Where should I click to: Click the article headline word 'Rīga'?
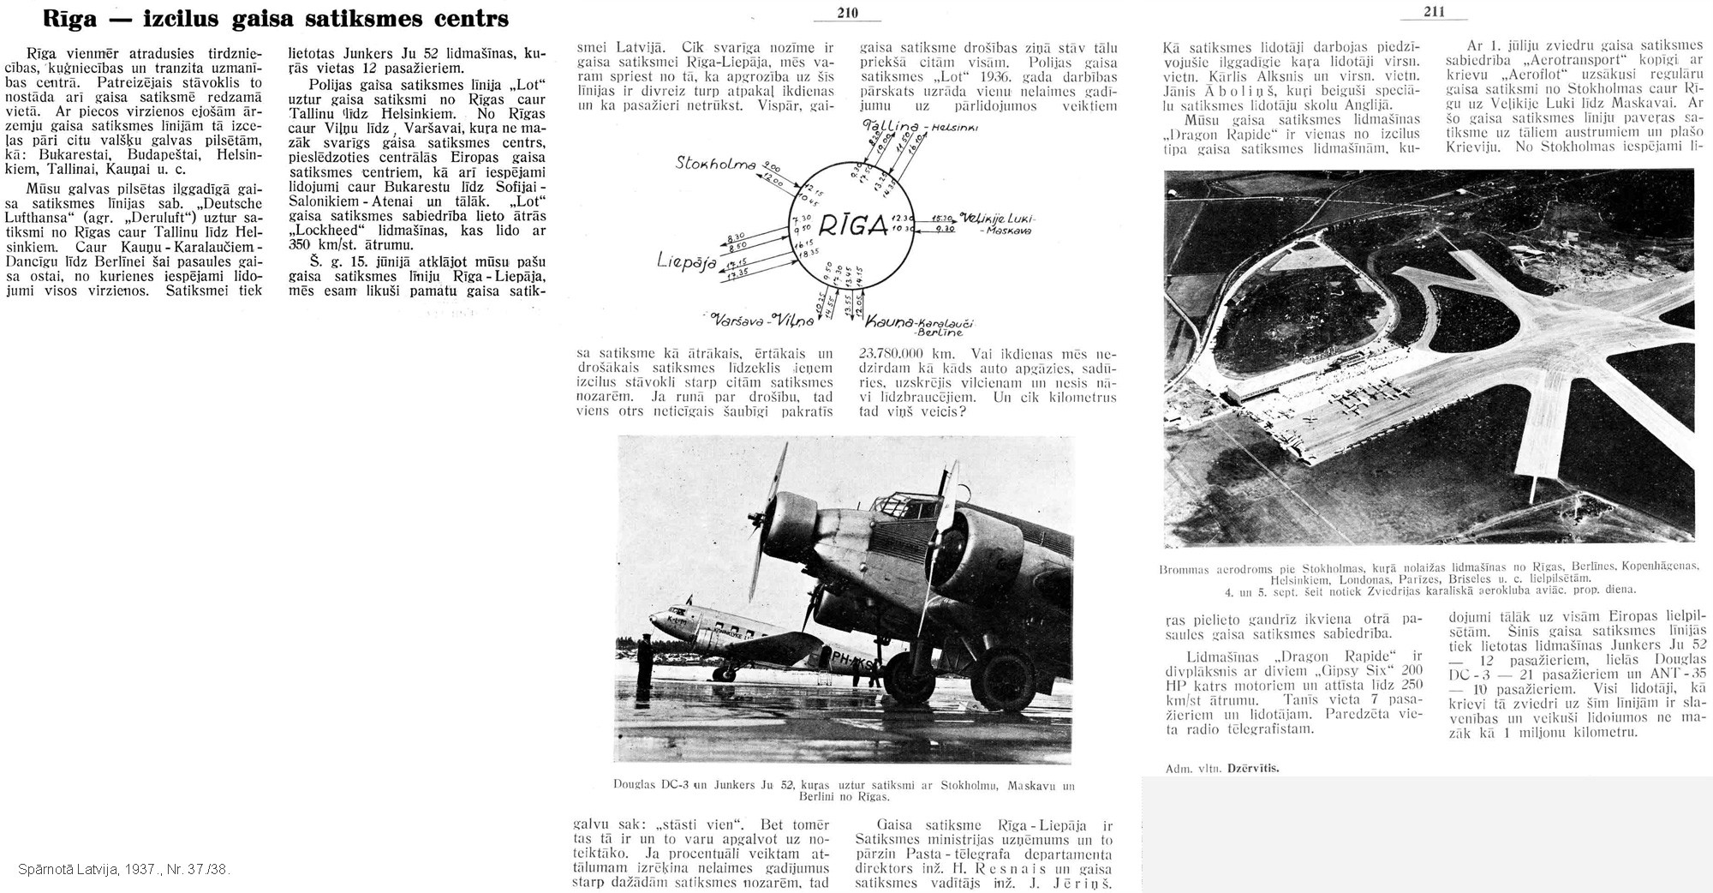click(51, 18)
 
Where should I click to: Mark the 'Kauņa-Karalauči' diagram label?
click(922, 323)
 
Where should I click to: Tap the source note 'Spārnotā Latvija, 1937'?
click(123, 870)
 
